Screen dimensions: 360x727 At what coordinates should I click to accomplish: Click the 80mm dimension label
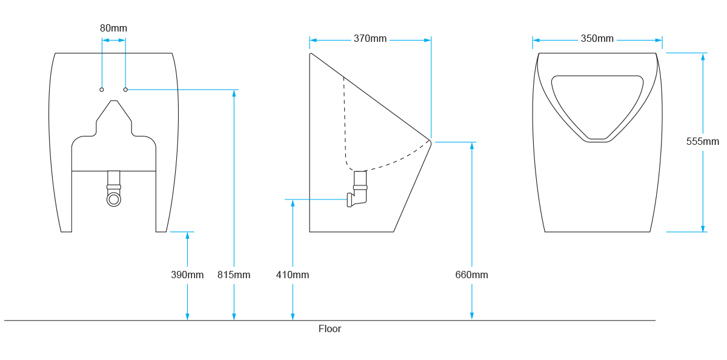point(114,28)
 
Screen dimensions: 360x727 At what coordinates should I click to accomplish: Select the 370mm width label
point(370,39)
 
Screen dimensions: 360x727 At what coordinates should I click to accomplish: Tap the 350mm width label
point(597,39)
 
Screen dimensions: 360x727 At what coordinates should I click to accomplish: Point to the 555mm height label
point(703,141)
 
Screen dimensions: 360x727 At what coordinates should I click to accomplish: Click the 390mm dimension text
point(187,275)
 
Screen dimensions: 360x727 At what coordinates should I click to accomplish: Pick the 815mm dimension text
point(234,275)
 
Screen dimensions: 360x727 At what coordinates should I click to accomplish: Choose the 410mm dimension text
point(293,275)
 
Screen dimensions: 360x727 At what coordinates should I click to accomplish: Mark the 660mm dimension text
point(471,275)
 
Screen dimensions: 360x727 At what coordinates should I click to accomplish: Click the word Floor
point(330,329)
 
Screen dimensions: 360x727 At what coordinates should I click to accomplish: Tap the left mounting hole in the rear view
point(102,90)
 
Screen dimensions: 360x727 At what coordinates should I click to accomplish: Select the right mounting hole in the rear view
point(125,90)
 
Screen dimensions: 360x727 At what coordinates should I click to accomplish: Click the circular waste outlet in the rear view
point(114,199)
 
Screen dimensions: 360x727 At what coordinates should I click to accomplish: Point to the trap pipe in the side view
point(360,188)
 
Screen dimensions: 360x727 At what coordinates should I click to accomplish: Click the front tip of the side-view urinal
point(430,141)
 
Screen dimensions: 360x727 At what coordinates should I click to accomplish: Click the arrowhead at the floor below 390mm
point(187,316)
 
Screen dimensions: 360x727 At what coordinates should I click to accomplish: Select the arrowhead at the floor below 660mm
point(471,316)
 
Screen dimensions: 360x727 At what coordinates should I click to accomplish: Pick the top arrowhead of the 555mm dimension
point(703,56)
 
